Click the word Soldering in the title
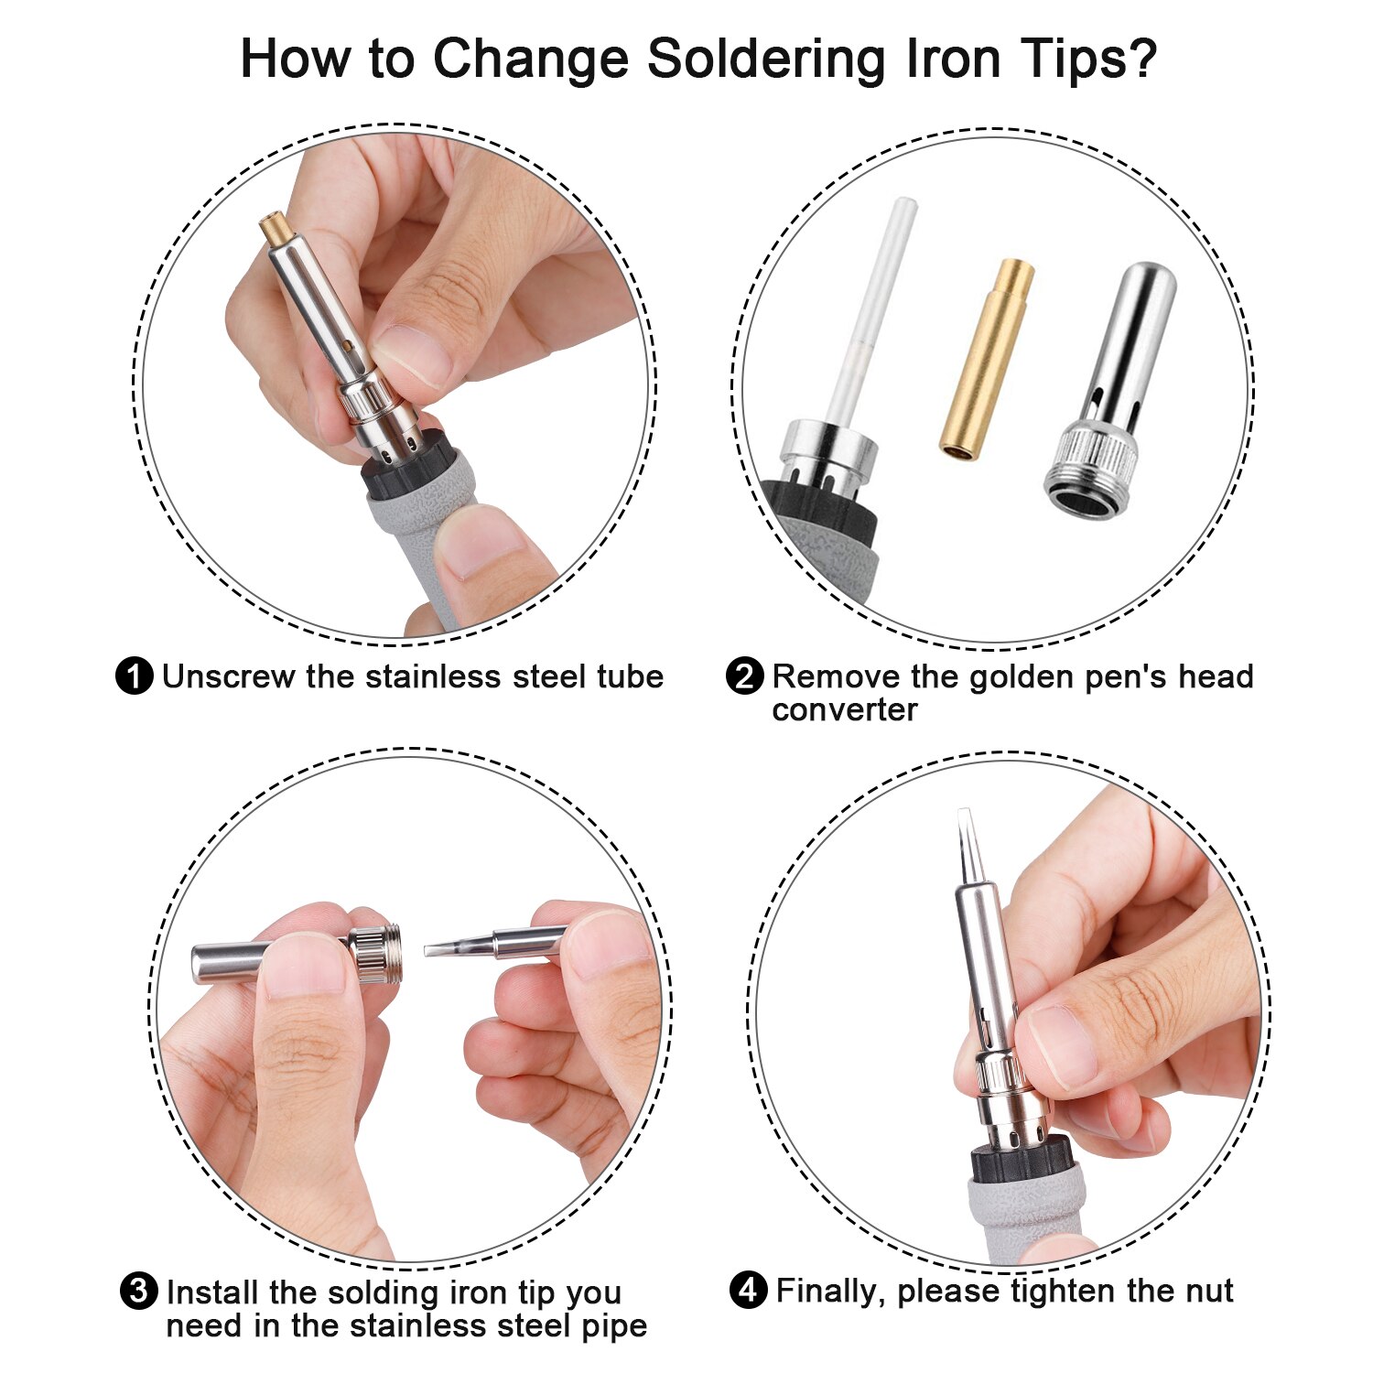point(768,59)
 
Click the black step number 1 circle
point(135,677)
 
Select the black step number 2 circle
point(744,677)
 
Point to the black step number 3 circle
point(139,1292)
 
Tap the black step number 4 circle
point(748,1292)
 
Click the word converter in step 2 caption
point(844,710)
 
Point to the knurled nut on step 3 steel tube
point(379,955)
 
